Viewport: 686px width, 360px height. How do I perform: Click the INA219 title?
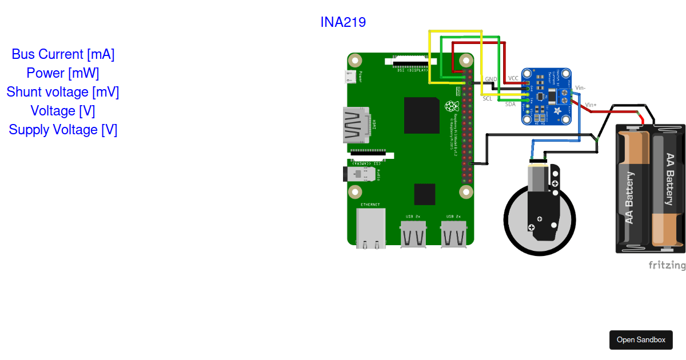343,22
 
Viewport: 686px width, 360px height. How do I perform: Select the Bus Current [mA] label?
63,54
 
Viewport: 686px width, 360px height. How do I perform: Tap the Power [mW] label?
63,73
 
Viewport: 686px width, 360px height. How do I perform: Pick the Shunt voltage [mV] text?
63,92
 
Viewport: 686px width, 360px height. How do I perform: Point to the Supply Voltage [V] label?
63,130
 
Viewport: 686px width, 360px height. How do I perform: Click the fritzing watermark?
667,265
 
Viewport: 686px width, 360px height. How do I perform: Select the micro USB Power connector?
352,77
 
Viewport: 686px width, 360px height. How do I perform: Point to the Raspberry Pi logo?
452,106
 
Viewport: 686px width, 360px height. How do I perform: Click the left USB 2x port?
413,233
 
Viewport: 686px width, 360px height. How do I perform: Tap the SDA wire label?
510,104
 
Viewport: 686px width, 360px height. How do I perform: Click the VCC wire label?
513,78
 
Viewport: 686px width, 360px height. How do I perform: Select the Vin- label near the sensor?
580,87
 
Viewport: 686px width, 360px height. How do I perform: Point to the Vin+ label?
591,105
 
